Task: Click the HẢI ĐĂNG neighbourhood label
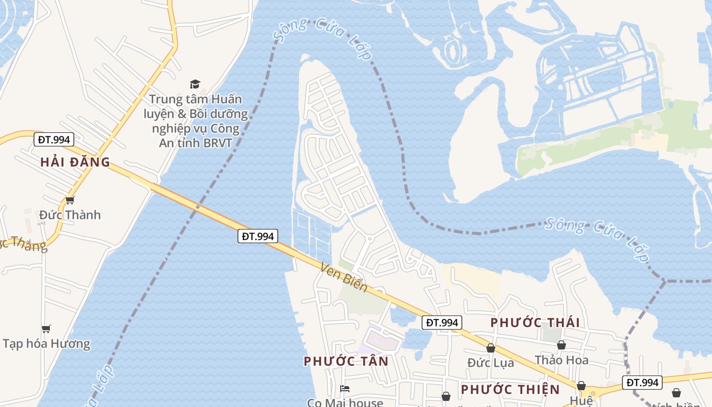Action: [75, 162]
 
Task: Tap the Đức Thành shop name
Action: [70, 215]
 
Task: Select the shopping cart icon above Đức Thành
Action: [70, 200]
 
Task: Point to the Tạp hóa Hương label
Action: [46, 343]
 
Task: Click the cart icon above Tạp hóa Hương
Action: [46, 329]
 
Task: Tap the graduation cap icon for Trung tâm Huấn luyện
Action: [195, 84]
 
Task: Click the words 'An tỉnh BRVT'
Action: [195, 143]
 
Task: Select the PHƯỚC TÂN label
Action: [346, 361]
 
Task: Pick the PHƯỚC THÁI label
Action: [535, 323]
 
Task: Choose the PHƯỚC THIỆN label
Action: [510, 390]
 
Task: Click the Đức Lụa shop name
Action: [491, 363]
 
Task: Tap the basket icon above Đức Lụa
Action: [491, 348]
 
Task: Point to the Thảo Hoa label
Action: [561, 360]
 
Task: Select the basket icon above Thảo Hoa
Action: [561, 345]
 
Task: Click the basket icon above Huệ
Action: [581, 386]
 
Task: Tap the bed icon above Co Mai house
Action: [345, 389]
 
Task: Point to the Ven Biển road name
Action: [344, 277]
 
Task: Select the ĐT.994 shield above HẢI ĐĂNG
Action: [54, 139]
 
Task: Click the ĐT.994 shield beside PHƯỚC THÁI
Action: [441, 323]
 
